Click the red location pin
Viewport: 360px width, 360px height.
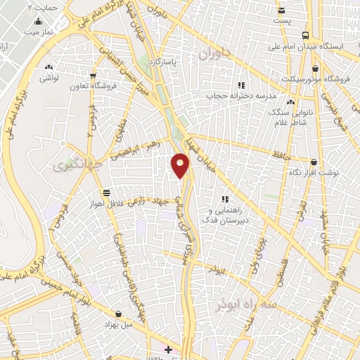point(181,166)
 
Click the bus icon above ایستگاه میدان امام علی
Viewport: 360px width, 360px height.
point(304,35)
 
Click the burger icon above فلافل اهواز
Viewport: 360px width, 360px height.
point(105,191)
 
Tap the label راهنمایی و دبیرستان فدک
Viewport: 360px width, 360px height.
point(224,214)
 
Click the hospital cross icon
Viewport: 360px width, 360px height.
point(168,349)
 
